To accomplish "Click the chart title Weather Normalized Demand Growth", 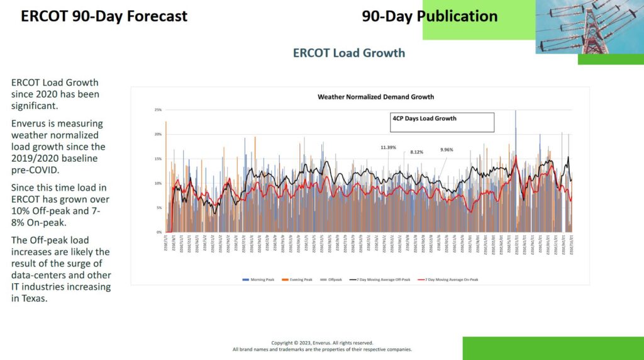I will tap(375, 97).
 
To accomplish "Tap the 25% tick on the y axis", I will tap(158, 110).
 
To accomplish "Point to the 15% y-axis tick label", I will tap(158, 159).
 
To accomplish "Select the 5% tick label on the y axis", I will tap(158, 208).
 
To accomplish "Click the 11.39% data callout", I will tap(387, 147).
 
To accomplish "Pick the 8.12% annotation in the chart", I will tap(416, 152).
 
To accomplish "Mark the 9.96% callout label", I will tap(447, 150).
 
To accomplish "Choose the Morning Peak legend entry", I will tap(255, 279).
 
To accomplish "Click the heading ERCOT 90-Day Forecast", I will tap(104, 16).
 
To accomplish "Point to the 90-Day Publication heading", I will tap(430, 16).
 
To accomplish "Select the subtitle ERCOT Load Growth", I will tap(348, 53).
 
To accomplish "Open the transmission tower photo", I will tap(589, 26).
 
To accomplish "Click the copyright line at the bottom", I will tap(322, 343).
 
